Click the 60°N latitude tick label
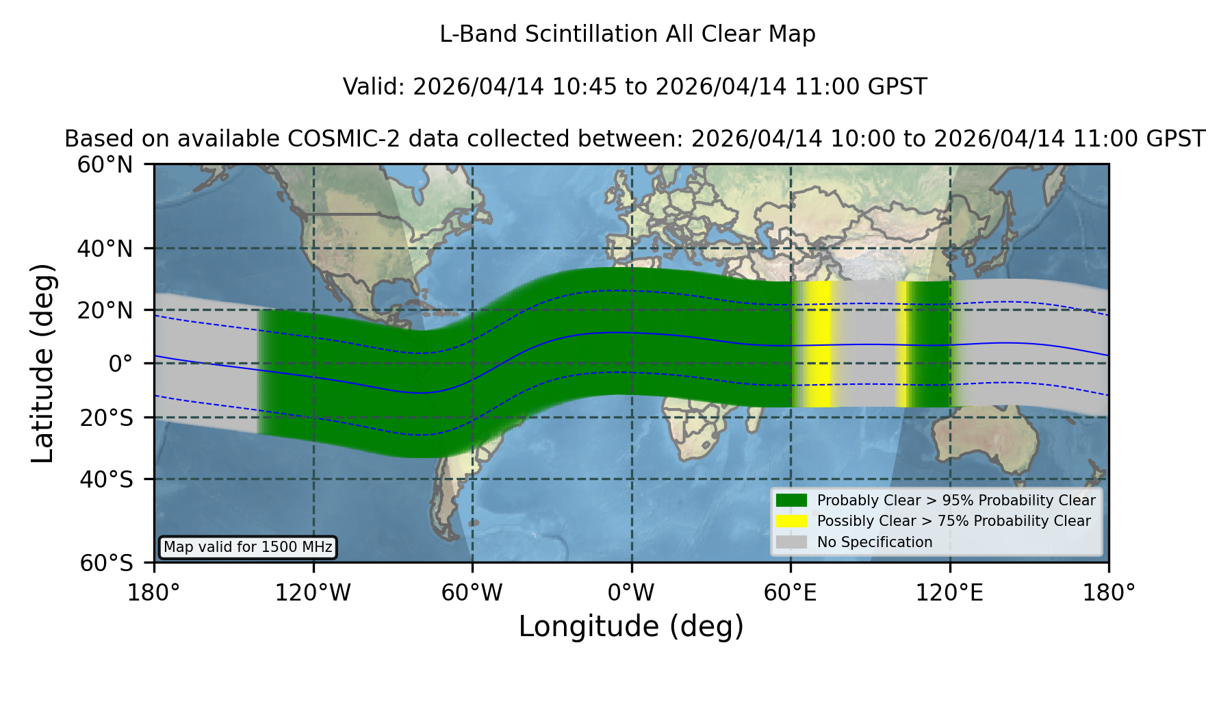coord(105,165)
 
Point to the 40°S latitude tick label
coord(106,479)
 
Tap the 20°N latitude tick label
coord(105,310)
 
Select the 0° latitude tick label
coord(120,364)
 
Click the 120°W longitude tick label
coord(313,592)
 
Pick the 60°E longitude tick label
coord(791,592)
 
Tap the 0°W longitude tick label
coord(631,592)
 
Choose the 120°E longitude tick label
coord(949,592)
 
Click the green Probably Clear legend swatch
coord(791,501)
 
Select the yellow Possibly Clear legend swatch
coord(791,521)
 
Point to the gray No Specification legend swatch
coord(791,542)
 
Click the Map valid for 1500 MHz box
coord(248,547)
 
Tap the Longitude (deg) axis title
coord(631,627)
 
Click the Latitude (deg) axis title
coord(42,363)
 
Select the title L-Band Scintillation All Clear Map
coord(628,34)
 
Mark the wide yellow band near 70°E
coord(818,344)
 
